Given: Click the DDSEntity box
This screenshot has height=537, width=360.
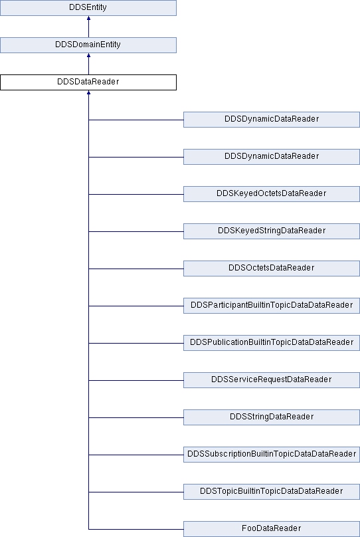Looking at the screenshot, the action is [88, 7].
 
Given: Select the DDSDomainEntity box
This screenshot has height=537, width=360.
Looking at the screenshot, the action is [88, 45].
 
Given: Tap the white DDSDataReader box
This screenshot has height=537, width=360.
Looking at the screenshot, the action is [88, 82].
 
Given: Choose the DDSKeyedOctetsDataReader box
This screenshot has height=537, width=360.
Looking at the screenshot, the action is [272, 194].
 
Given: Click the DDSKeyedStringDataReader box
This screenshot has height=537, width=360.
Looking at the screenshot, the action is [272, 231].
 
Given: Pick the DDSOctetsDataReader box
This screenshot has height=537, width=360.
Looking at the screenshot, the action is [272, 268].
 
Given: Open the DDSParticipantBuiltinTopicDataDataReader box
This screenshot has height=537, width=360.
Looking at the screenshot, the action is [272, 306].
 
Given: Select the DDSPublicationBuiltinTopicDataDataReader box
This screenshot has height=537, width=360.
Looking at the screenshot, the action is [272, 343].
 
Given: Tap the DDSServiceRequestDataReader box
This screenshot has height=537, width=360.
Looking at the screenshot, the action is [272, 379].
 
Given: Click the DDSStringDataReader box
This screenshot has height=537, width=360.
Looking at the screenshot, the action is [272, 417].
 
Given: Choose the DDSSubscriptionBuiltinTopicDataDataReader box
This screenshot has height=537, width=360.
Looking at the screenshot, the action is [272, 455].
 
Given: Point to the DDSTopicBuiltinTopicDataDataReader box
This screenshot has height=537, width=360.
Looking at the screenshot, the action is [272, 491].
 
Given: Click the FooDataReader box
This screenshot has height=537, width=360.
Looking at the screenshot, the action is [272, 529].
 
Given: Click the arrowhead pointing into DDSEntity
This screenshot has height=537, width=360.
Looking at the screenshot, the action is [88, 18].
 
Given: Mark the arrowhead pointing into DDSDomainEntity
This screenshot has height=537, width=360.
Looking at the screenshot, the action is [88, 55].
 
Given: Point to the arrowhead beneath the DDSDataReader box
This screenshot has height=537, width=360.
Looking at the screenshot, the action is [88, 92].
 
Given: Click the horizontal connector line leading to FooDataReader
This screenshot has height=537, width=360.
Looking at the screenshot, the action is [136, 529].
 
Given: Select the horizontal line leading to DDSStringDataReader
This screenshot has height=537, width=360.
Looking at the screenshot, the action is [136, 417].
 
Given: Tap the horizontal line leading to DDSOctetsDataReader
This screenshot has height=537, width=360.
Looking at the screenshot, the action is [136, 268].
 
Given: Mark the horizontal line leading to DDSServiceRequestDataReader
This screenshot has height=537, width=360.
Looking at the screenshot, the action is [136, 380].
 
